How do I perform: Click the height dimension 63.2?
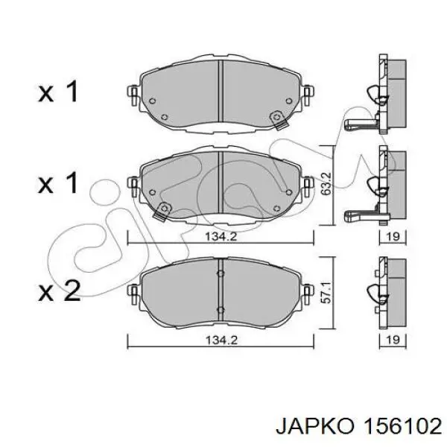pyautogui.click(x=326, y=183)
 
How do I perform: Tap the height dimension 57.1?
pyautogui.click(x=326, y=293)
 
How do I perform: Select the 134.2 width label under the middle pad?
pyautogui.click(x=221, y=236)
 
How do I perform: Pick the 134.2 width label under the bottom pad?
pyautogui.click(x=221, y=340)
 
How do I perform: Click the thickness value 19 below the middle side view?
pyautogui.click(x=393, y=236)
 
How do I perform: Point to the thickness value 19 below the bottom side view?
pyautogui.click(x=393, y=340)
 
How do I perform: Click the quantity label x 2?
pyautogui.click(x=60, y=290)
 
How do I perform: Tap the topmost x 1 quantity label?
pyautogui.click(x=58, y=91)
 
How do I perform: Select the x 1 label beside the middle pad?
pyautogui.click(x=58, y=183)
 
